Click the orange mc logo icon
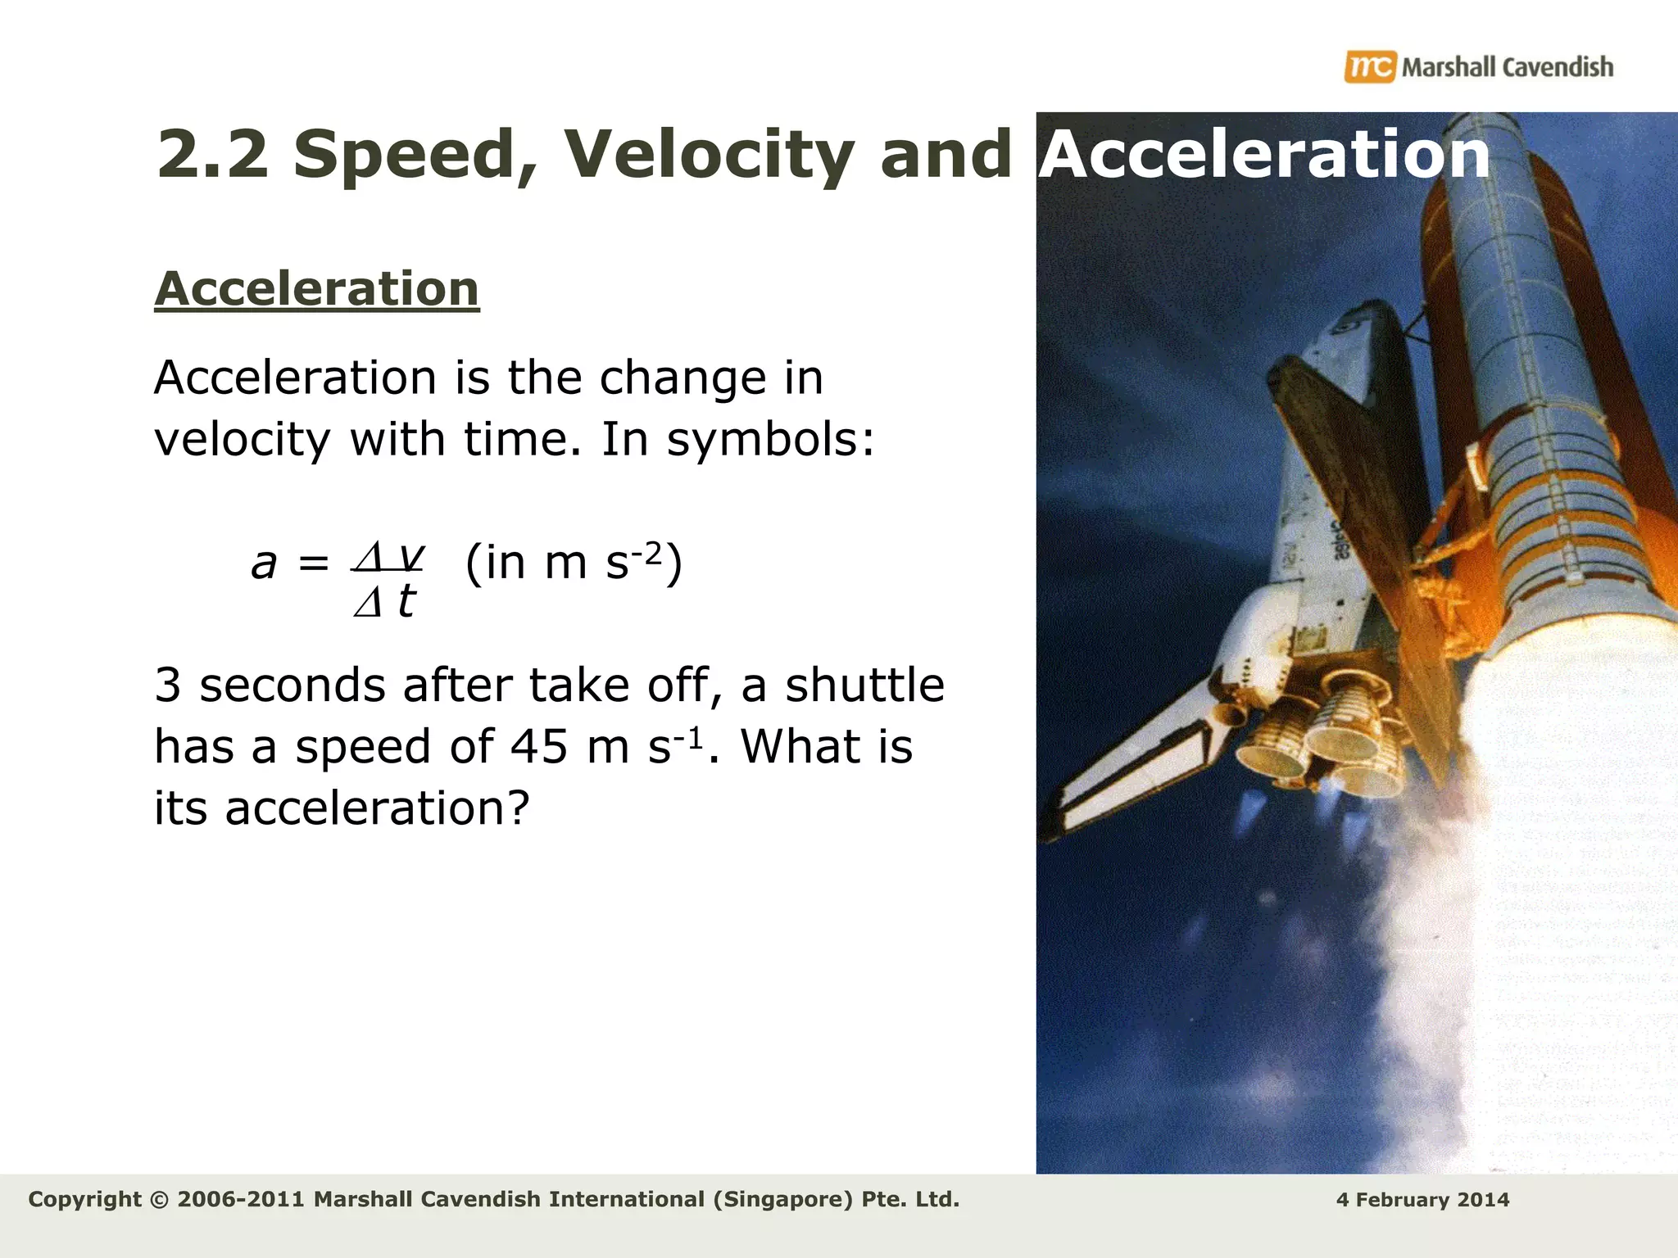pyautogui.click(x=1369, y=66)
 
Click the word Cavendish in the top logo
pyautogui.click(x=1558, y=67)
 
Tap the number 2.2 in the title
pyautogui.click(x=212, y=154)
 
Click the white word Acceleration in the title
pyautogui.click(x=1264, y=154)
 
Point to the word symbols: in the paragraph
pyautogui.click(x=770, y=440)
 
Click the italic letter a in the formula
pyautogui.click(x=264, y=563)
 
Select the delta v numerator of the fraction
pyautogui.click(x=388, y=556)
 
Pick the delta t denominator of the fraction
pyautogui.click(x=385, y=602)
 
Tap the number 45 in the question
pyautogui.click(x=538, y=747)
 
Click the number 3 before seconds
pyautogui.click(x=167, y=686)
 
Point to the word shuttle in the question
pyautogui.click(x=864, y=686)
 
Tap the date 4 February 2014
pyautogui.click(x=1422, y=1200)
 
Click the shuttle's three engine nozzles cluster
pyautogui.click(x=1319, y=737)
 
